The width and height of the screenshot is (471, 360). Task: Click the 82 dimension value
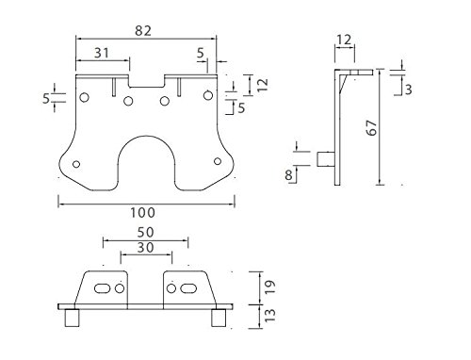click(x=143, y=30)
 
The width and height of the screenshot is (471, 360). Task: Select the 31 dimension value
click(x=102, y=53)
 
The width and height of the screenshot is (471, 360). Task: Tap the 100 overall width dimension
click(x=142, y=213)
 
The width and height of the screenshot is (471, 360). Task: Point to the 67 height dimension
click(x=372, y=127)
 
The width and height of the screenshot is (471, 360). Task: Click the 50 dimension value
click(x=145, y=233)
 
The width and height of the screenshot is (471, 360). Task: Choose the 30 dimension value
click(x=145, y=248)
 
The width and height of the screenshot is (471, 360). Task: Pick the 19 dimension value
click(x=269, y=286)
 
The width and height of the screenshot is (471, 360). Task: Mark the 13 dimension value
click(x=269, y=315)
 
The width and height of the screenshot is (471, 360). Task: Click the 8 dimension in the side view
click(x=288, y=174)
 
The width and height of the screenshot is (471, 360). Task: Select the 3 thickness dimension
click(x=408, y=90)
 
